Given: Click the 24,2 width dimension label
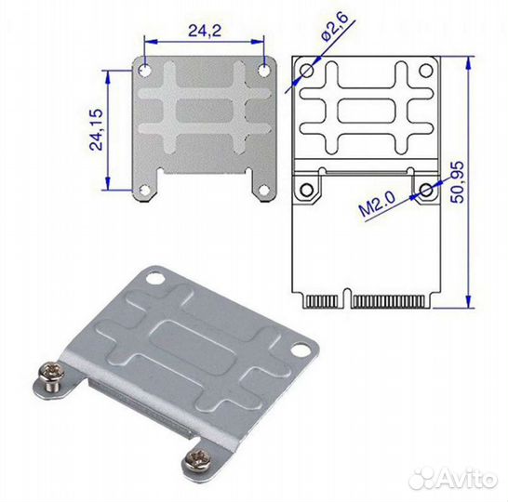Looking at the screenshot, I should tap(203, 31).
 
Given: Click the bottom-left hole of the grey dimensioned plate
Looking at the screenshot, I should tap(144, 192).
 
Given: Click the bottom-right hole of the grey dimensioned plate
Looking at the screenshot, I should tap(264, 192).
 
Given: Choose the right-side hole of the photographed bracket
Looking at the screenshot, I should tap(301, 351).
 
